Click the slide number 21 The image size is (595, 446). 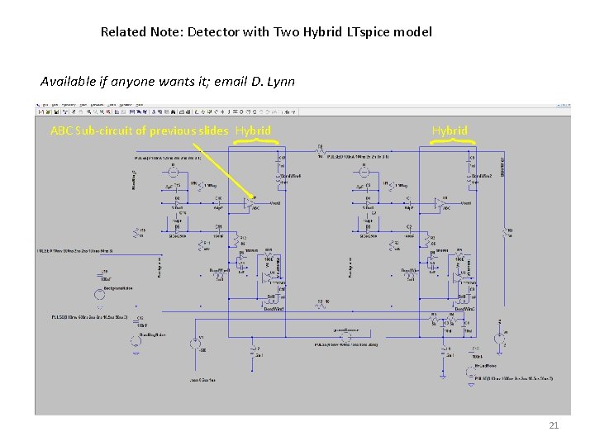[x=554, y=425]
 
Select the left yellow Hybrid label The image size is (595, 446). [x=253, y=130]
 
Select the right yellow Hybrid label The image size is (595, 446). [x=450, y=130]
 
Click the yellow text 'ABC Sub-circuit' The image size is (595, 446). [x=92, y=130]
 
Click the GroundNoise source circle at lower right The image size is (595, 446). [x=498, y=340]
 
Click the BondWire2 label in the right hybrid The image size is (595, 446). [x=482, y=176]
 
